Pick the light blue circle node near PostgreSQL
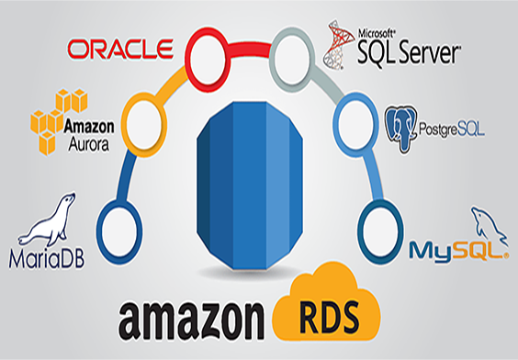click(354, 117)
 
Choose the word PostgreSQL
click(451, 123)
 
